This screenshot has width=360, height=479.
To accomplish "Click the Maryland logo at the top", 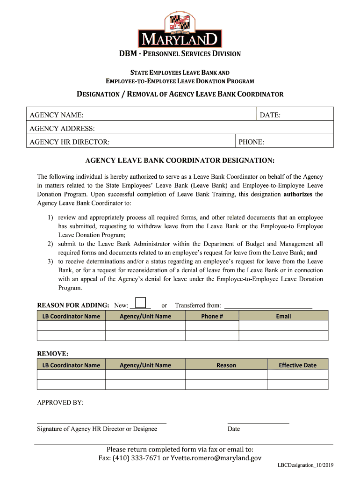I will click(x=180, y=30).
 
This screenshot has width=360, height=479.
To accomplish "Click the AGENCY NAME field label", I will click(x=57, y=115).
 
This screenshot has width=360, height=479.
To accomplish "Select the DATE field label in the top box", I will click(x=270, y=115).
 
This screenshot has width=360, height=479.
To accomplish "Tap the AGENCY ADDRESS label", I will click(x=62, y=128).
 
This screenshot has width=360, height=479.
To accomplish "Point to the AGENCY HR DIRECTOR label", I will click(x=70, y=142).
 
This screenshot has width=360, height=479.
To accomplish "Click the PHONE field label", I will click(x=252, y=142).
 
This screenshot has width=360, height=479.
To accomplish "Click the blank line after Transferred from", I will click(x=268, y=307).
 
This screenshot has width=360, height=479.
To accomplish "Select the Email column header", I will click(x=283, y=316).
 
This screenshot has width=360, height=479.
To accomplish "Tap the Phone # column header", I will click(x=212, y=316).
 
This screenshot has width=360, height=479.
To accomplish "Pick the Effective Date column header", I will click(x=297, y=365).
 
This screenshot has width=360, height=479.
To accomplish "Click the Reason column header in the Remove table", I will click(x=226, y=365).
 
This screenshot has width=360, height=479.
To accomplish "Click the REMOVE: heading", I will click(x=53, y=353).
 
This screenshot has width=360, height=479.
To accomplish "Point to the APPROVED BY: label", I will click(x=60, y=403).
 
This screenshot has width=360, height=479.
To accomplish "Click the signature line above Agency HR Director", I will click(x=101, y=423).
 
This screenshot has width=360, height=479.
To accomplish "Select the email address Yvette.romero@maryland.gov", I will click(x=216, y=458).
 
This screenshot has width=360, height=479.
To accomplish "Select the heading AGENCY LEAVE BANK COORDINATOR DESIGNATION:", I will click(x=180, y=160).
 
